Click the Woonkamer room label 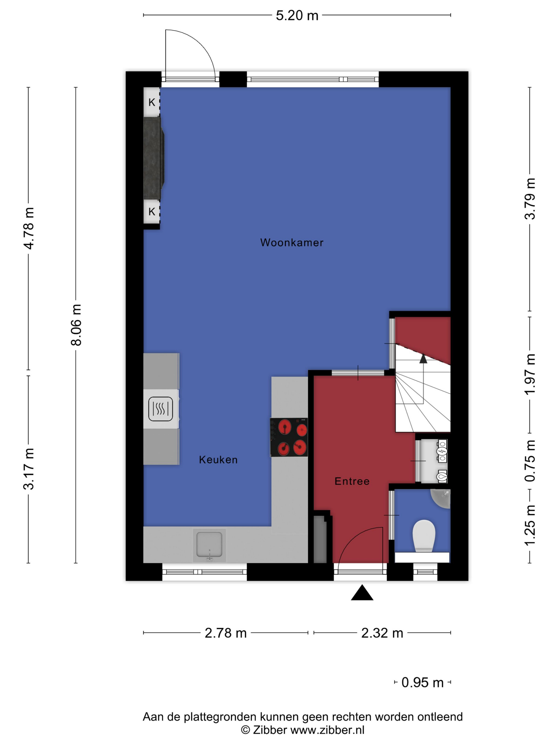pos(291,243)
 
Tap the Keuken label pos(218,460)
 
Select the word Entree pos(352,481)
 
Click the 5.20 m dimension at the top pos(297,16)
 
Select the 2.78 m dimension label pos(226,633)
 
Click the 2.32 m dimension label pos(382,633)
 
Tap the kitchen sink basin pos(209,545)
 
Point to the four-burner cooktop pos(289,437)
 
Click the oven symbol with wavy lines pos(161,409)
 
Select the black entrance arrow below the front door pos(362,593)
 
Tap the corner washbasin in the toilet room pos(441,499)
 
